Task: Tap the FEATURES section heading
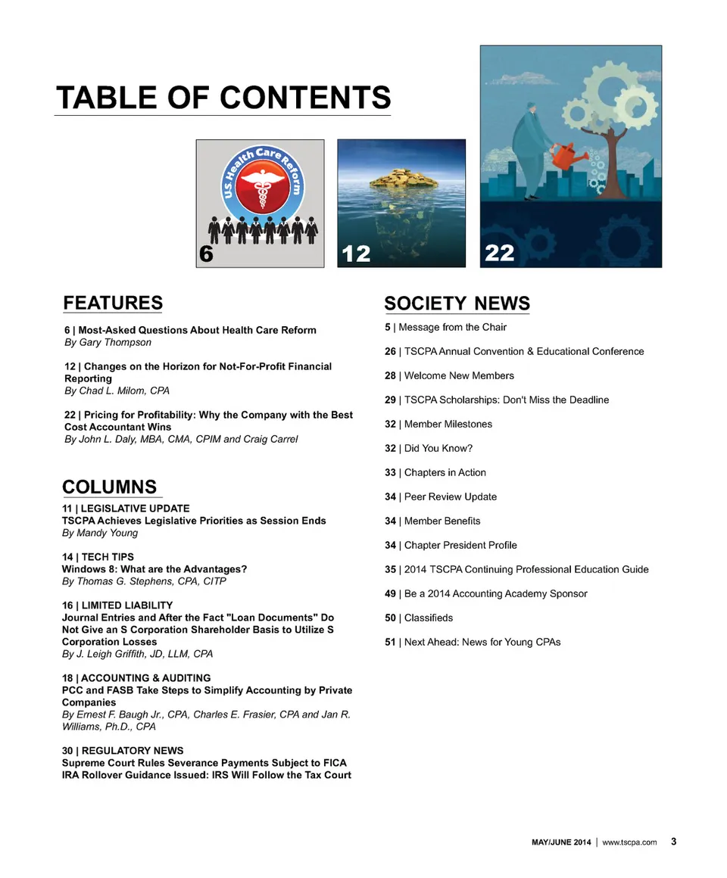[113, 303]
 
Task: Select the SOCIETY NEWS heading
[457, 303]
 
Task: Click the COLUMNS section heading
[109, 487]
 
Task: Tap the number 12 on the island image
[357, 254]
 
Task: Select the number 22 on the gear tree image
[499, 252]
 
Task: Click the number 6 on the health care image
[205, 255]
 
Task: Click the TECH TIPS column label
[98, 557]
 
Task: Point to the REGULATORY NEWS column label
[123, 751]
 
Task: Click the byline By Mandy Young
[100, 533]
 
